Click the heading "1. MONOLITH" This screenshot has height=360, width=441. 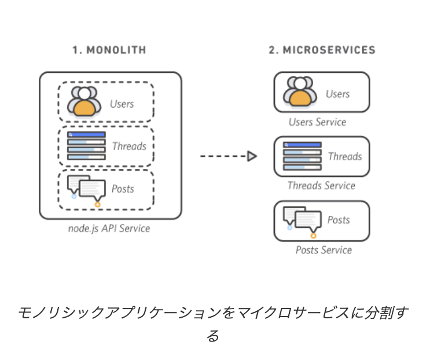(x=109, y=50)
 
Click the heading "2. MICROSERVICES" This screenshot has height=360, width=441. (x=322, y=50)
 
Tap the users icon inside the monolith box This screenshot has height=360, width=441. (x=84, y=101)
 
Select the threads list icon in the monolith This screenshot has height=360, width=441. (x=86, y=145)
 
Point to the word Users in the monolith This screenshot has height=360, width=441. (x=122, y=104)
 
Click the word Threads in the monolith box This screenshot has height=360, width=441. (x=129, y=146)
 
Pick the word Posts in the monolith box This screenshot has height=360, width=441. (x=122, y=189)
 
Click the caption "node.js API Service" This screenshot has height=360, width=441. (x=109, y=229)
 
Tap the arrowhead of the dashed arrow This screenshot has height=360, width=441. (x=252, y=156)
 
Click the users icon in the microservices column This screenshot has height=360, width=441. (x=300, y=92)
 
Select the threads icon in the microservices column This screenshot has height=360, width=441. (x=302, y=156)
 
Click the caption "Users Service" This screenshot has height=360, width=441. (x=317, y=122)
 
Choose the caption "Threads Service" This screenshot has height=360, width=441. (x=321, y=186)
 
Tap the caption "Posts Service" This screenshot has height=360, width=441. (x=324, y=250)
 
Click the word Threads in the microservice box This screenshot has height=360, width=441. (x=345, y=156)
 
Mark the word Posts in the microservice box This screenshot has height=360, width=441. (x=339, y=220)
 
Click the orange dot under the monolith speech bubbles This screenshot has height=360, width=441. (x=97, y=204)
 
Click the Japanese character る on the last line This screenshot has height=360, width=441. (x=213, y=336)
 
